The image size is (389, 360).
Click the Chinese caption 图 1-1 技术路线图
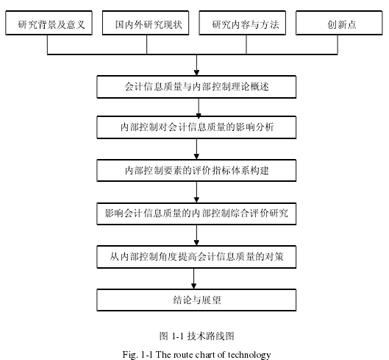tap(197, 336)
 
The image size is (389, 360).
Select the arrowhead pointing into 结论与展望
tap(193, 286)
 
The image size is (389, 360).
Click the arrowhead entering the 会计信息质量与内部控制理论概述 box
tap(197, 73)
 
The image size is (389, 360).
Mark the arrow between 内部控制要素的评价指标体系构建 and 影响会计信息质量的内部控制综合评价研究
tap(196, 192)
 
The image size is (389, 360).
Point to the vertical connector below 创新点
tap(338, 44)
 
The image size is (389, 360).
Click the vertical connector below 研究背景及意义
tap(47, 44)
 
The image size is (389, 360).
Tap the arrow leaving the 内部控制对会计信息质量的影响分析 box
tap(196, 149)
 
